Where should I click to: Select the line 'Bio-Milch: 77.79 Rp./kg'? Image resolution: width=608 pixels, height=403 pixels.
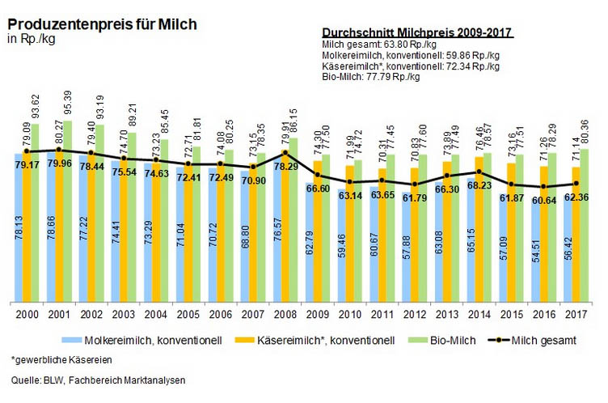point(371,78)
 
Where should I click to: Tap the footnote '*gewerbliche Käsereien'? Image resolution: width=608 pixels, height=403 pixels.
point(62,358)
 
